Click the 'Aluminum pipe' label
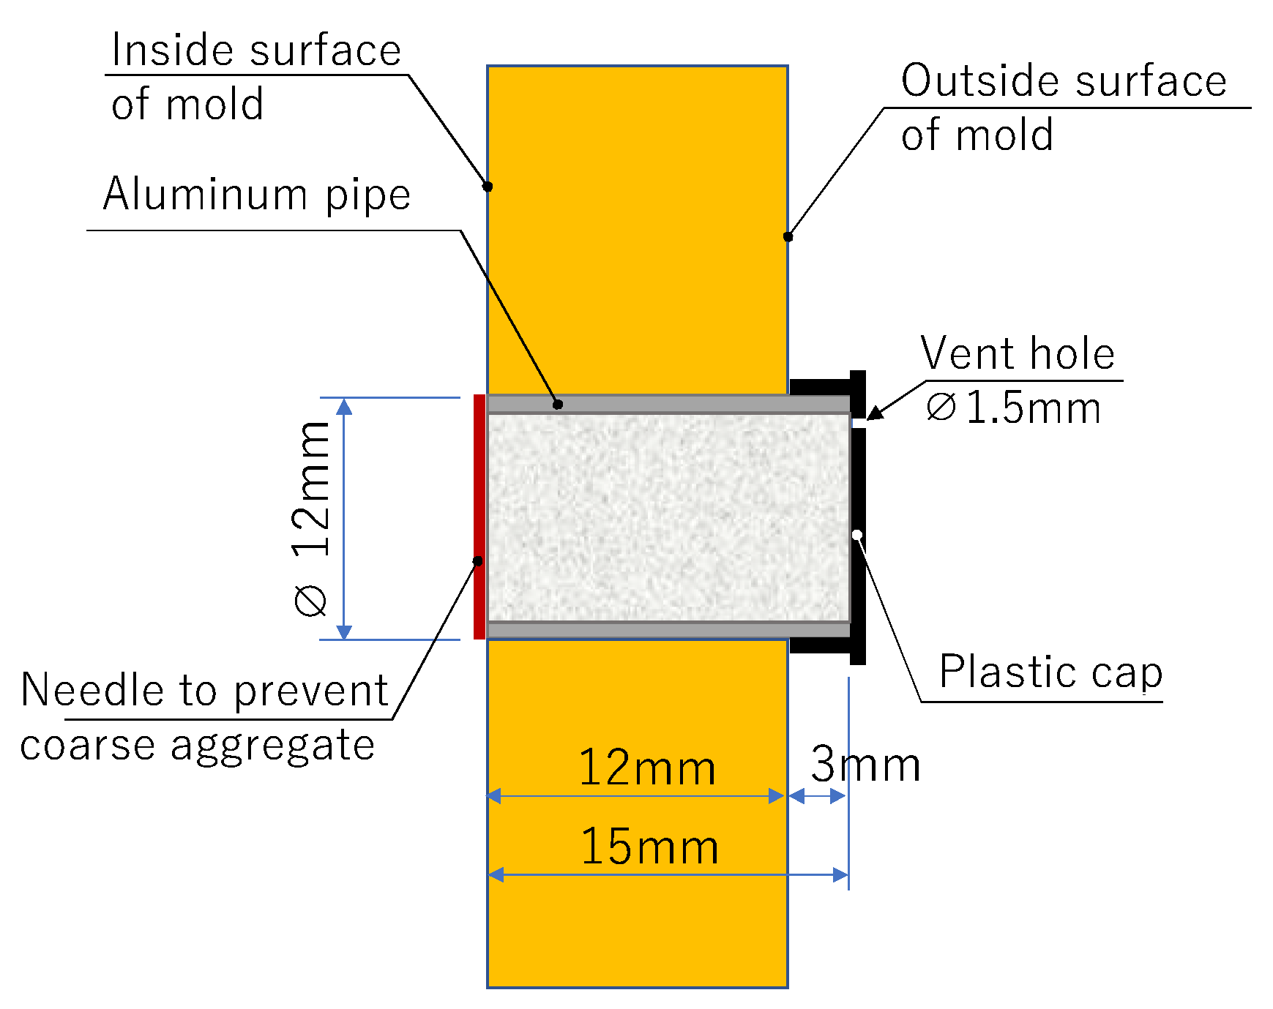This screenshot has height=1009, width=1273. (x=256, y=195)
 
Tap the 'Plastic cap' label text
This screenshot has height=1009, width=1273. (x=1050, y=672)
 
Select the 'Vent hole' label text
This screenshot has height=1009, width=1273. (x=1018, y=354)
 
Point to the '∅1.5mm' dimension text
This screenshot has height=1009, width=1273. (x=1014, y=408)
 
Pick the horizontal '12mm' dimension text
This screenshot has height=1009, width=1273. (x=647, y=768)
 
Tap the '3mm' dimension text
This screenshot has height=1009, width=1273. (x=865, y=765)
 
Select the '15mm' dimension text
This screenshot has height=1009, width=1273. (x=649, y=847)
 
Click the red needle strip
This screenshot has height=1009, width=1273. (x=479, y=517)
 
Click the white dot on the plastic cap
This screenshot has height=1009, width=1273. (x=857, y=535)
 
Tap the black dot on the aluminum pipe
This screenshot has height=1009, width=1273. (x=558, y=404)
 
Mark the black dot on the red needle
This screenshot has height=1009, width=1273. (x=478, y=561)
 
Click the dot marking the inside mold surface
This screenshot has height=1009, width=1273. (x=488, y=187)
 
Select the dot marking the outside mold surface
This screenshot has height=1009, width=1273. (x=788, y=236)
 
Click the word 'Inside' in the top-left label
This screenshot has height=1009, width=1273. (x=173, y=51)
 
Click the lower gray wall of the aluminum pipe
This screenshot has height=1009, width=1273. (x=668, y=630)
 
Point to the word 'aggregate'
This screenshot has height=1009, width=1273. (x=272, y=746)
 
